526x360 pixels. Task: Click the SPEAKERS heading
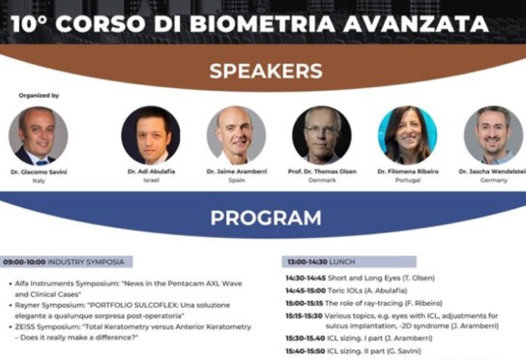tap(266, 71)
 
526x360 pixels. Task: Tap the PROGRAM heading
tap(266, 218)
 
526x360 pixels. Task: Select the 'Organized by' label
tap(39, 96)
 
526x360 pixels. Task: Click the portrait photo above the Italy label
tap(38, 136)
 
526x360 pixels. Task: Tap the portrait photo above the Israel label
tap(151, 135)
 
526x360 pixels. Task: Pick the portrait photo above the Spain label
tap(236, 135)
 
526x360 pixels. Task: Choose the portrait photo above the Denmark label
tap(322, 135)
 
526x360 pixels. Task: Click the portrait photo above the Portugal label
tap(408, 135)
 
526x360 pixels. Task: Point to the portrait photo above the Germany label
tap(494, 135)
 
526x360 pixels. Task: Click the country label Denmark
tap(322, 180)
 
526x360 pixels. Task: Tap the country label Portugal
tap(408, 180)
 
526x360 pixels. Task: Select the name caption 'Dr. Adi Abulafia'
tap(152, 171)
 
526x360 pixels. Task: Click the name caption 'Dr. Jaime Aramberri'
tap(237, 171)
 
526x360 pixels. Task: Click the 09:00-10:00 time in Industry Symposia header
tap(24, 262)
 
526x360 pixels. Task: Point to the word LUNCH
tap(342, 262)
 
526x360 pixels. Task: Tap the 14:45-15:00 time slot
tap(306, 291)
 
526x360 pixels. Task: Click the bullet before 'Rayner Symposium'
tap(11, 306)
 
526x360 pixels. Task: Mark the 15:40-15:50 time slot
tap(305, 351)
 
